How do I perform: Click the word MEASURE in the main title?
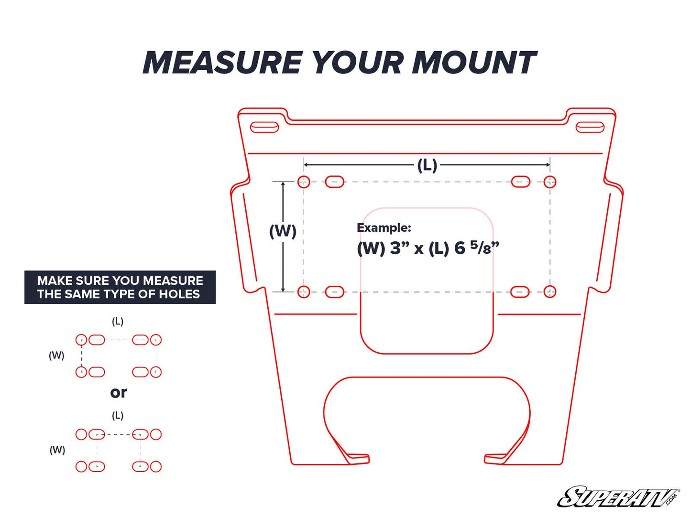222,63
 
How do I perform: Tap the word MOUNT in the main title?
474,63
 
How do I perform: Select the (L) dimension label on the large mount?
427,165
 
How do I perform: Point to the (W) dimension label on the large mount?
283,231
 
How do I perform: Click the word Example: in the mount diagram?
384,228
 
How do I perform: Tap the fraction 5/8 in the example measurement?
481,248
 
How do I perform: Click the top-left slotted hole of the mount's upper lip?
264,127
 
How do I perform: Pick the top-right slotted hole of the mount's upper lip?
590,127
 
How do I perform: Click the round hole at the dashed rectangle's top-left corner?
304,182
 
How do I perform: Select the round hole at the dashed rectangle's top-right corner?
550,182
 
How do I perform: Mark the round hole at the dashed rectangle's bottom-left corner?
304,291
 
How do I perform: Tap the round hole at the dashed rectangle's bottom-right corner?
550,291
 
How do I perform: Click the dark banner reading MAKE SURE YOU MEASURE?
120,287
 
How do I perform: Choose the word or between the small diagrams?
119,393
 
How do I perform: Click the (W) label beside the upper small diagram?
56,355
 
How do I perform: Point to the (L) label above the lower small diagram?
118,415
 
